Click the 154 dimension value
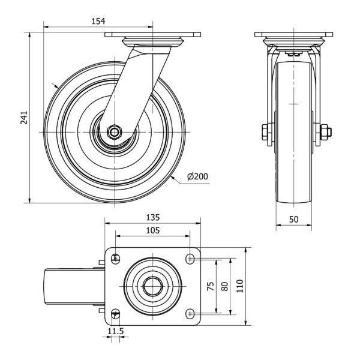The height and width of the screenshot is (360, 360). pyautogui.click(x=98, y=21)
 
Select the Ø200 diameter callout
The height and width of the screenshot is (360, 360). pyautogui.click(x=197, y=176)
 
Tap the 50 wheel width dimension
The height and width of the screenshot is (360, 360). pyautogui.click(x=294, y=219)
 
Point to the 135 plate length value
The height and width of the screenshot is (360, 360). pyautogui.click(x=152, y=217)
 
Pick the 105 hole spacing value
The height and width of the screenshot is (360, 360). pyautogui.click(x=152, y=230)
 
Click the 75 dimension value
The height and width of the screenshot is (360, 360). pyautogui.click(x=211, y=286)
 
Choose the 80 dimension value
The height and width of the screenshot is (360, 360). pyautogui.click(x=225, y=286)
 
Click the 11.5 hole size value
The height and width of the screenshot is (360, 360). pyautogui.click(x=115, y=331)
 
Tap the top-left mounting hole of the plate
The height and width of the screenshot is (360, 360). pyautogui.click(x=116, y=259)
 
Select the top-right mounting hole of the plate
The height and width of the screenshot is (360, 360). pyautogui.click(x=190, y=259)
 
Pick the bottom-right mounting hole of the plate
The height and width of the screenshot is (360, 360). pyautogui.click(x=190, y=313)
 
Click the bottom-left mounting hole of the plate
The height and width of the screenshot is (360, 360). pyautogui.click(x=116, y=313)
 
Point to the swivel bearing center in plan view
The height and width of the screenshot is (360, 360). pyautogui.click(x=152, y=286)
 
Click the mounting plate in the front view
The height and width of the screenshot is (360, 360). pyautogui.click(x=293, y=35)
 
